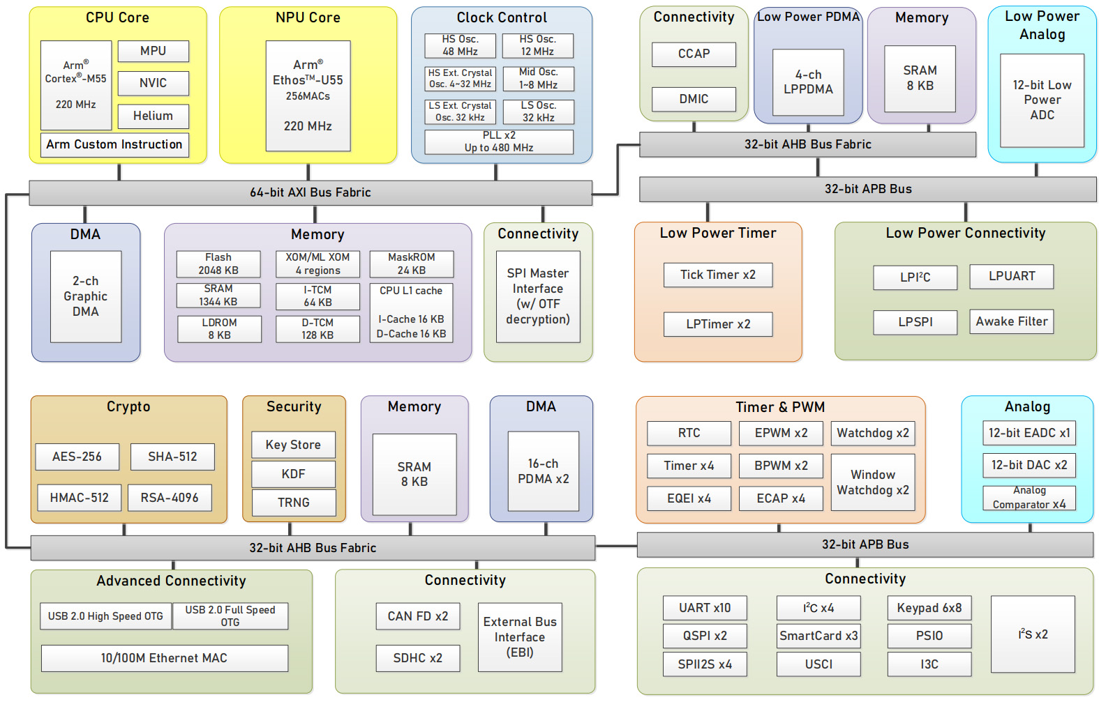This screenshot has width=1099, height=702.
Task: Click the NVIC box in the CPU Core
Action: click(153, 83)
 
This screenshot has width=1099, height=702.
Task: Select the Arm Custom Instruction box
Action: click(114, 144)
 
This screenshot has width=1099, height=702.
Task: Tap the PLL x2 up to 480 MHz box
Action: click(499, 142)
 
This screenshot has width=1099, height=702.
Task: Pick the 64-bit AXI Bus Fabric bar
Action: click(310, 192)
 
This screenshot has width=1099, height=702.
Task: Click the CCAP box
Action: click(694, 54)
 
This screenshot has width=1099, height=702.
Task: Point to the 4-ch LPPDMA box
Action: click(808, 82)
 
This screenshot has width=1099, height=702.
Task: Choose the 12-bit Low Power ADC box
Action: click(1042, 100)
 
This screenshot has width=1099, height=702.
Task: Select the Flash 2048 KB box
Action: click(218, 264)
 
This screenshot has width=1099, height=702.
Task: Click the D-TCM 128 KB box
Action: click(317, 329)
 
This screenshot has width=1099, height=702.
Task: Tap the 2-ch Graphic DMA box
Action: click(86, 296)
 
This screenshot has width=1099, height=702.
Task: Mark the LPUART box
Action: click(1011, 277)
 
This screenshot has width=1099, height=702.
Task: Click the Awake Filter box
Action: click(1011, 321)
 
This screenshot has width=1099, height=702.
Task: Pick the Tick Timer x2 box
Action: click(718, 275)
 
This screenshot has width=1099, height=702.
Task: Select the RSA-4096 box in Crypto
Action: click(170, 498)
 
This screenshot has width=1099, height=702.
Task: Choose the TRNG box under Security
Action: click(293, 503)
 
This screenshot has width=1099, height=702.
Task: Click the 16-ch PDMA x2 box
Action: click(544, 471)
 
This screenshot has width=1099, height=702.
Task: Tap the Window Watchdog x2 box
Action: click(873, 482)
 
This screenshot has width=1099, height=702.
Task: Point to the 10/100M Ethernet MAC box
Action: click(164, 658)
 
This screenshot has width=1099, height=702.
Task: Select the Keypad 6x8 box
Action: click(929, 608)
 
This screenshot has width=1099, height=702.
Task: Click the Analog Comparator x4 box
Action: click(1029, 498)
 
